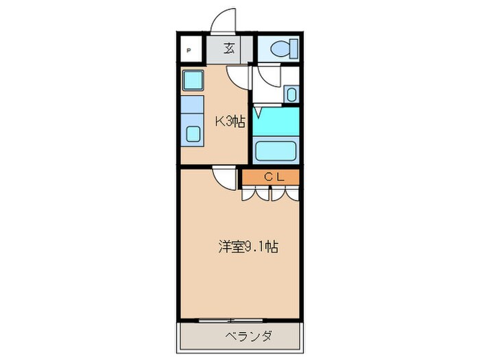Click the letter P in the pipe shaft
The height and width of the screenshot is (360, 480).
click(190, 51)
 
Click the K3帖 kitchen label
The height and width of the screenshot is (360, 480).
click(230, 122)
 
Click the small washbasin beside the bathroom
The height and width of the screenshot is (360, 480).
click(290, 95)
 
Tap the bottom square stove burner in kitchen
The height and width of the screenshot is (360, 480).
click(193, 134)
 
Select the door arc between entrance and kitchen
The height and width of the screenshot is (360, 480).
click(237, 77)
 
